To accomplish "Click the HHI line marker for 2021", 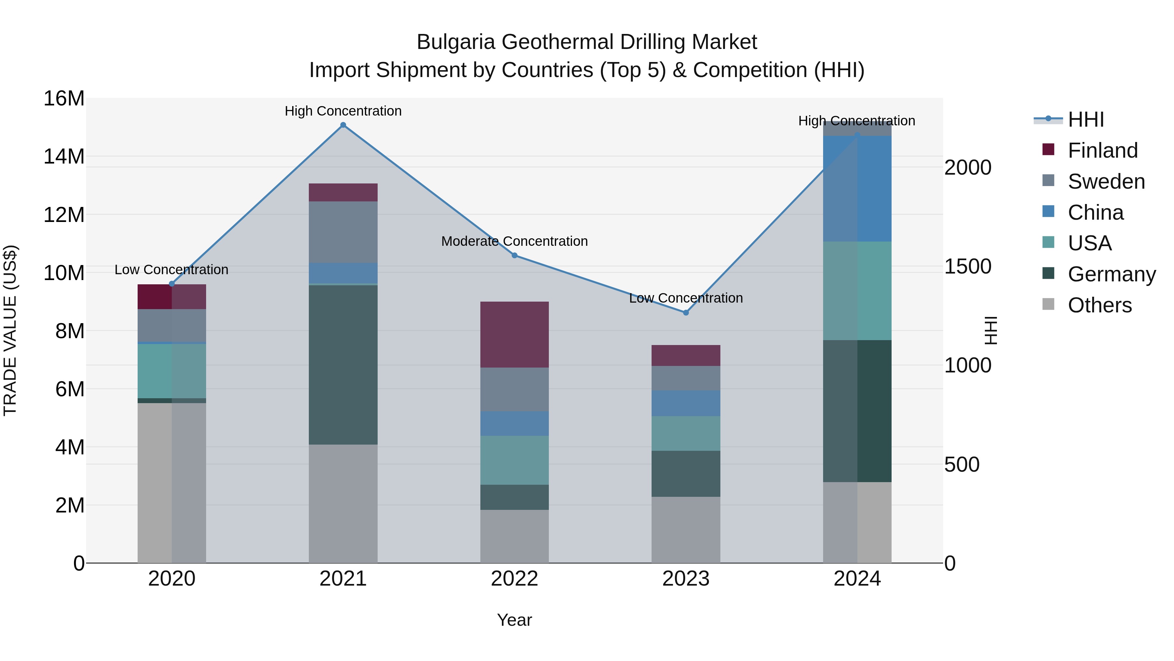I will tap(343, 125).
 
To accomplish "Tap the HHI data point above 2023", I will tap(686, 312).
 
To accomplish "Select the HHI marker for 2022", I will tap(515, 256).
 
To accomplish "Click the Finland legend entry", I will tap(1103, 150).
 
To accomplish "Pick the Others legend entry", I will tap(1099, 305).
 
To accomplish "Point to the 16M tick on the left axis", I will tap(64, 99).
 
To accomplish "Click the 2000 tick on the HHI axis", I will tap(968, 167).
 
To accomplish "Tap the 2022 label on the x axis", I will tap(515, 579).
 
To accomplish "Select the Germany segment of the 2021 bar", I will tap(343, 365).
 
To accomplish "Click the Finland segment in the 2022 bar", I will tap(515, 334).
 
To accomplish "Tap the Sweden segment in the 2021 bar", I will tap(343, 232).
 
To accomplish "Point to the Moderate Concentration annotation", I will tap(515, 241).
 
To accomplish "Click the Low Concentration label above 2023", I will tap(686, 298).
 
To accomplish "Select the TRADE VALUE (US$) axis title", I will tap(10, 330).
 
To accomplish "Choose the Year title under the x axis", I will tap(515, 620).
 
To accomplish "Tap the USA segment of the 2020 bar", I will tap(172, 371).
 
